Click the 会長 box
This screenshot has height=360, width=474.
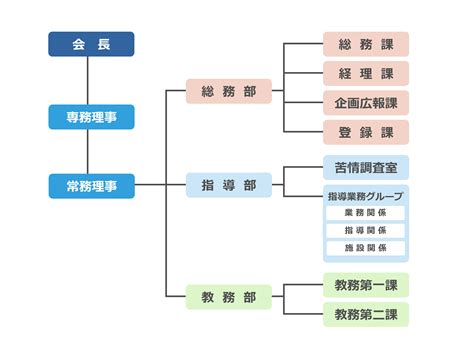coord(91,44)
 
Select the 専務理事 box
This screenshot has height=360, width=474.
coord(91,117)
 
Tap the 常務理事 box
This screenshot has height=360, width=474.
coord(91,185)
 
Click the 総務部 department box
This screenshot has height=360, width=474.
coord(228,92)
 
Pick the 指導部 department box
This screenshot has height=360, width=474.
coord(228,185)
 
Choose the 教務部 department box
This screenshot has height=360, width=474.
coord(228,297)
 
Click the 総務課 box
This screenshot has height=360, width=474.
coord(366,44)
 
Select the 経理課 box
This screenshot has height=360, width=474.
coord(366,73)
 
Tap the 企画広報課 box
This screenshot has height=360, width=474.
coord(366,102)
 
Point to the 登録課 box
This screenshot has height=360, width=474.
coord(366,132)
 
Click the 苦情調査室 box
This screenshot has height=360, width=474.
coord(366,167)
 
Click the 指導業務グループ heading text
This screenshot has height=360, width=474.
coord(366,196)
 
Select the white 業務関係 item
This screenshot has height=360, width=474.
coord(366,213)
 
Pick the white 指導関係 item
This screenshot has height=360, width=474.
coord(366,231)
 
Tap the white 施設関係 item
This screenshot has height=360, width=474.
coord(366,248)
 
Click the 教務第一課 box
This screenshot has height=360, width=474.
coord(366,285)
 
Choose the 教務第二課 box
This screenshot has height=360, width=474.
coord(366,314)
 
